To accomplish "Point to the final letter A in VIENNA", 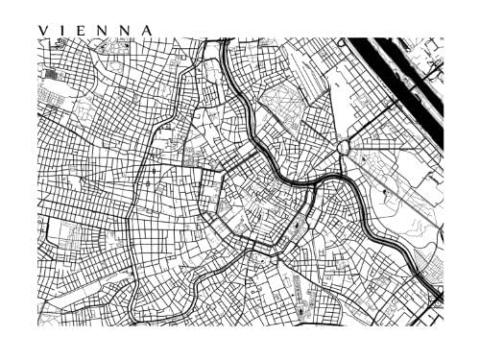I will coord(146,30).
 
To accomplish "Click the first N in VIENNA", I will coord(104,30).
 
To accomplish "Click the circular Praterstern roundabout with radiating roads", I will coord(345,147).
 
